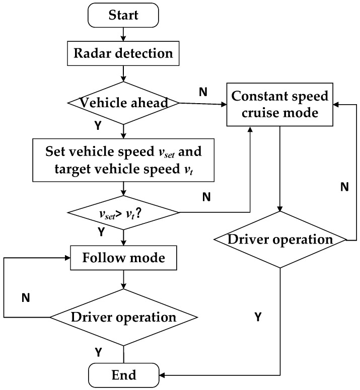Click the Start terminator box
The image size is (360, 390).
point(123,16)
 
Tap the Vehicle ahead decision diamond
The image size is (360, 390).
point(123,103)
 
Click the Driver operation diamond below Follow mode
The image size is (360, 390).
point(123,317)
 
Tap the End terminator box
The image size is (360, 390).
point(123,375)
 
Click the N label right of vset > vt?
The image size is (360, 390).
point(206,196)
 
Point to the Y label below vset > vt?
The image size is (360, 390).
point(101,232)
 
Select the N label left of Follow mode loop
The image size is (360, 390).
point(25,298)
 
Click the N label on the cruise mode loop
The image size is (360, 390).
point(344,187)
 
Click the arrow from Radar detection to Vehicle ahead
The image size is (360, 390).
point(123,73)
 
